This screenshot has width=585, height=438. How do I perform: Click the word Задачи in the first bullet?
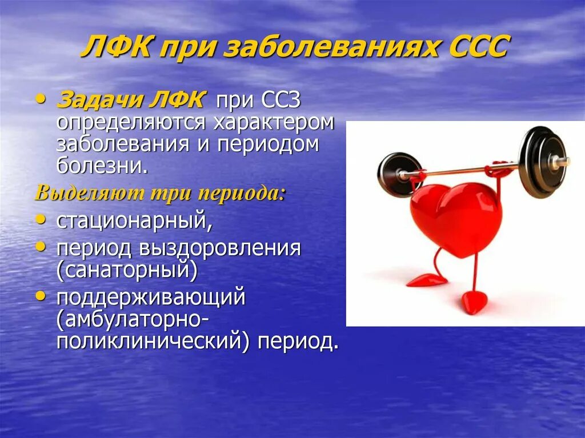pos(95,101)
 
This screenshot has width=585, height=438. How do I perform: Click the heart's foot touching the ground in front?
pos(474,302)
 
